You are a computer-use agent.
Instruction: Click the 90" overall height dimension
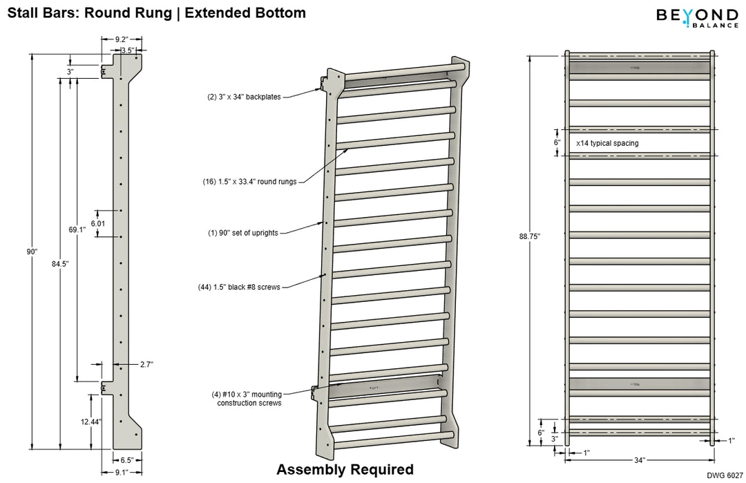point(32,252)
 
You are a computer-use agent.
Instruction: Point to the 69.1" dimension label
point(77,229)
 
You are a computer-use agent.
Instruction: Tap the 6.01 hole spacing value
point(98,223)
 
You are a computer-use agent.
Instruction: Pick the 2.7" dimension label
point(146,363)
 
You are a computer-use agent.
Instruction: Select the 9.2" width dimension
point(121,40)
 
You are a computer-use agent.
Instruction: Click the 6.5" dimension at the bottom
point(126,460)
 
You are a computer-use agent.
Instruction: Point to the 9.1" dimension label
point(121,473)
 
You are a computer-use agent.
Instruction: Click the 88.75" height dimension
point(530,236)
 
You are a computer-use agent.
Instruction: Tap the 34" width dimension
point(639,460)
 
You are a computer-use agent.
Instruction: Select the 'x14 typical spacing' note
point(607,143)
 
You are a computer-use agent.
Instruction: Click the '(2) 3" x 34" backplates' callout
point(245,97)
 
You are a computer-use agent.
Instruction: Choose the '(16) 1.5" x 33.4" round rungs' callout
point(245,182)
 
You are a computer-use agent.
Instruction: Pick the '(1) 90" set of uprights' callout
point(243,233)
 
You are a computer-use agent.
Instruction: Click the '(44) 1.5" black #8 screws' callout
point(239,286)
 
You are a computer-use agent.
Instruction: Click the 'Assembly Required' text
point(345,470)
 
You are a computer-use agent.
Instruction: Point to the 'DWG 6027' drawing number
point(724,475)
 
